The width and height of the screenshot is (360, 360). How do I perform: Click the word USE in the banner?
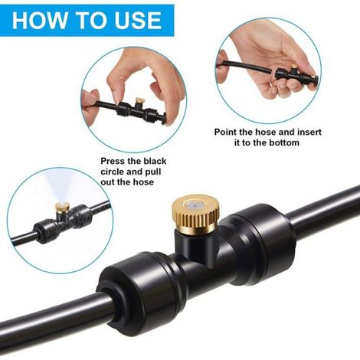(x=138, y=20)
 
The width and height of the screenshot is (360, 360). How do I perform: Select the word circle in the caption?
(x=112, y=172)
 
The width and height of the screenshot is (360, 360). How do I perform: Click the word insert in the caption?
(x=309, y=132)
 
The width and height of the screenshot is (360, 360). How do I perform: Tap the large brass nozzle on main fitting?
(x=195, y=214)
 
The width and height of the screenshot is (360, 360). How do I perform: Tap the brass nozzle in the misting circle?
(x=61, y=207)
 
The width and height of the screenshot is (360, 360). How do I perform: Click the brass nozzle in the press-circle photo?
(x=139, y=100)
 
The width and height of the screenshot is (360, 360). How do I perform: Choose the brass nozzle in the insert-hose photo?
(x=294, y=67)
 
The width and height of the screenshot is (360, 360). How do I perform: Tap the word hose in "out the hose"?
(x=144, y=182)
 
